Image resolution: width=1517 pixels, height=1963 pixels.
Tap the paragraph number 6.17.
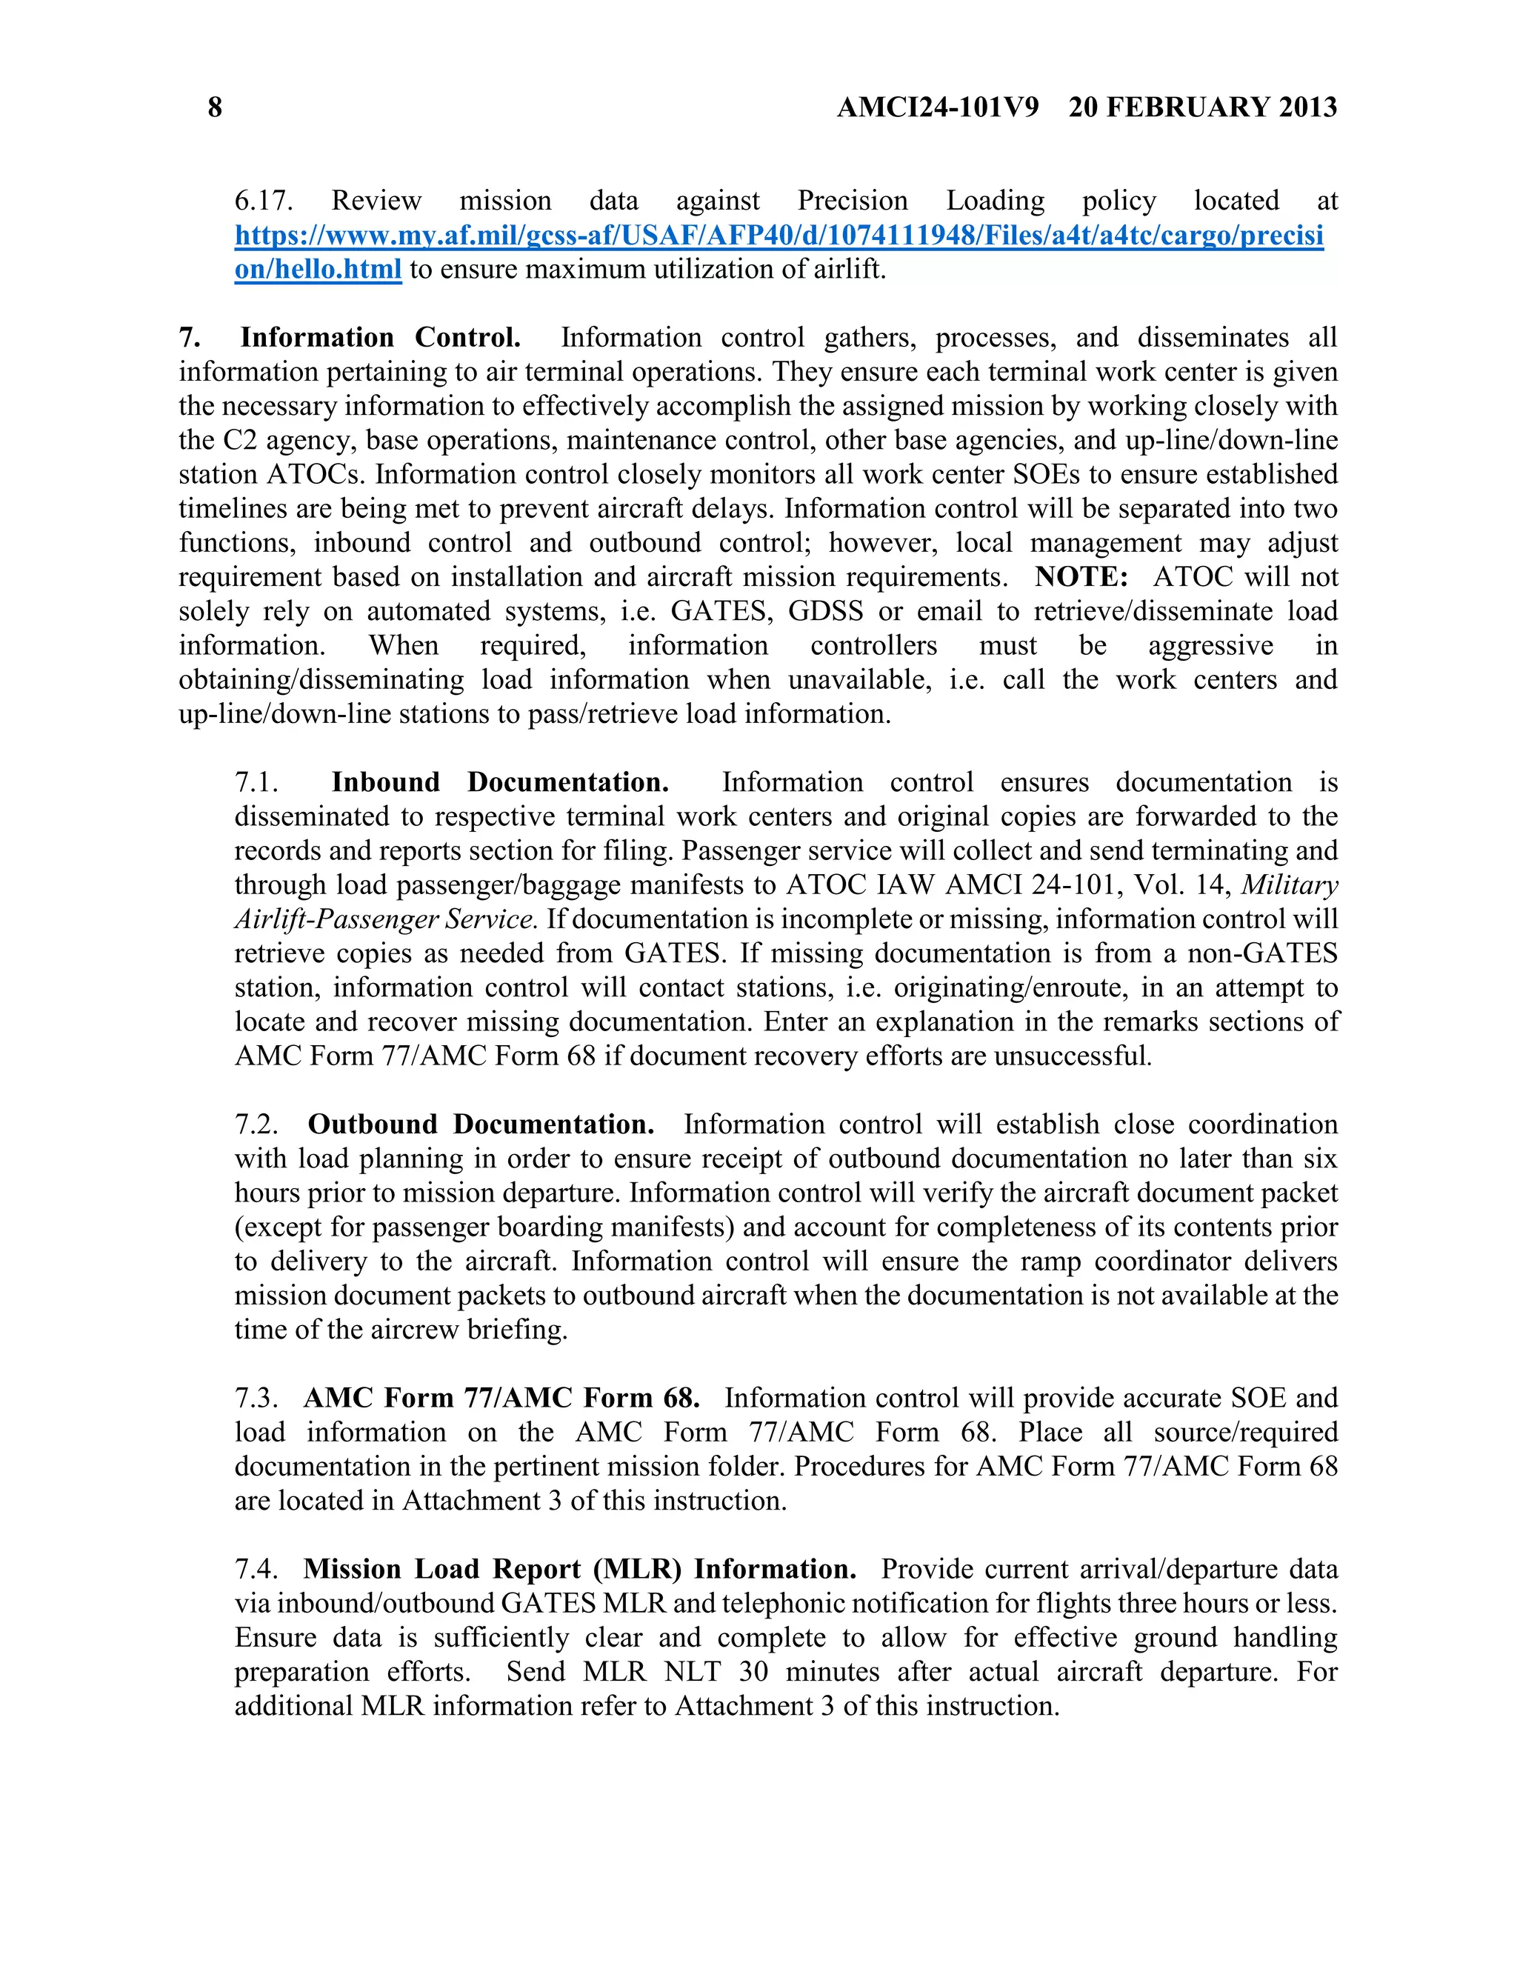click(x=263, y=201)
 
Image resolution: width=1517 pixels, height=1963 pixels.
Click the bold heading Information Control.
click(x=380, y=338)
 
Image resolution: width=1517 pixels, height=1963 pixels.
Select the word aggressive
click(x=1210, y=645)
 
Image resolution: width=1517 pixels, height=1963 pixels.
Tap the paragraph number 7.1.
click(x=256, y=782)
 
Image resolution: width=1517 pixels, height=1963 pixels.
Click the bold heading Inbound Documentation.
click(x=500, y=782)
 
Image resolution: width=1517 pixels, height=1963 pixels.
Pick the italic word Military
click(x=1290, y=885)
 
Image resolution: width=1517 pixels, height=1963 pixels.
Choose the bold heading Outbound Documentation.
click(x=481, y=1124)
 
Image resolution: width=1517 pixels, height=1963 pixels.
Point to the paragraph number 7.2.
click(x=256, y=1124)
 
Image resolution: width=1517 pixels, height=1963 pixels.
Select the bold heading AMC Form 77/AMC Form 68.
click(x=501, y=1398)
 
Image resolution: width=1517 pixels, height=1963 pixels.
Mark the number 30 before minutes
click(x=753, y=1672)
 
